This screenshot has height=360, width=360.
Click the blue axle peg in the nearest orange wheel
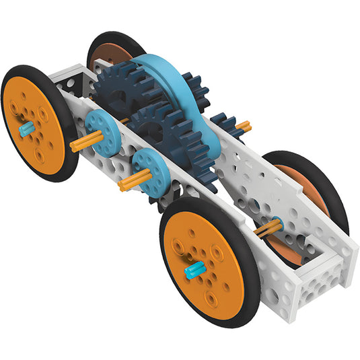194,271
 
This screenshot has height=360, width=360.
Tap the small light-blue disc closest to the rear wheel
102,127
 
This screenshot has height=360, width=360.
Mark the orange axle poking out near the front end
268,227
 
